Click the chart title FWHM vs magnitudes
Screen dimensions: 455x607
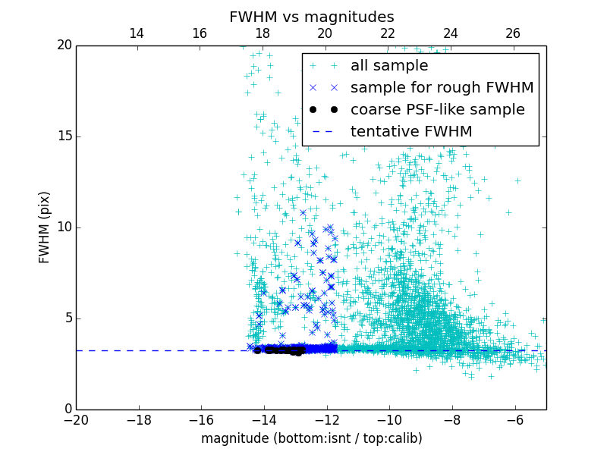[311, 17]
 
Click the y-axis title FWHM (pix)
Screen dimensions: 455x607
[45, 227]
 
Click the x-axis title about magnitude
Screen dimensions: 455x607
[311, 438]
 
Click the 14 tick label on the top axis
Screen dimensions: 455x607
[137, 33]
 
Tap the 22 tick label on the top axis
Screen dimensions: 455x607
[388, 33]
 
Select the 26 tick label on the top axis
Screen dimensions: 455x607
[513, 33]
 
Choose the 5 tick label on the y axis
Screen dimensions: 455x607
[68, 318]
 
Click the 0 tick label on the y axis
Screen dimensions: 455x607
[68, 409]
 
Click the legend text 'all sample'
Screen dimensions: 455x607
[389, 66]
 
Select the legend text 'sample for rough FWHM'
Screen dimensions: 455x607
[442, 88]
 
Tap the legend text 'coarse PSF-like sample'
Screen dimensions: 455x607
[437, 110]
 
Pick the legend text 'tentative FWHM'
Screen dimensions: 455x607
[411, 132]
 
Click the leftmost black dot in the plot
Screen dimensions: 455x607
[257, 350]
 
